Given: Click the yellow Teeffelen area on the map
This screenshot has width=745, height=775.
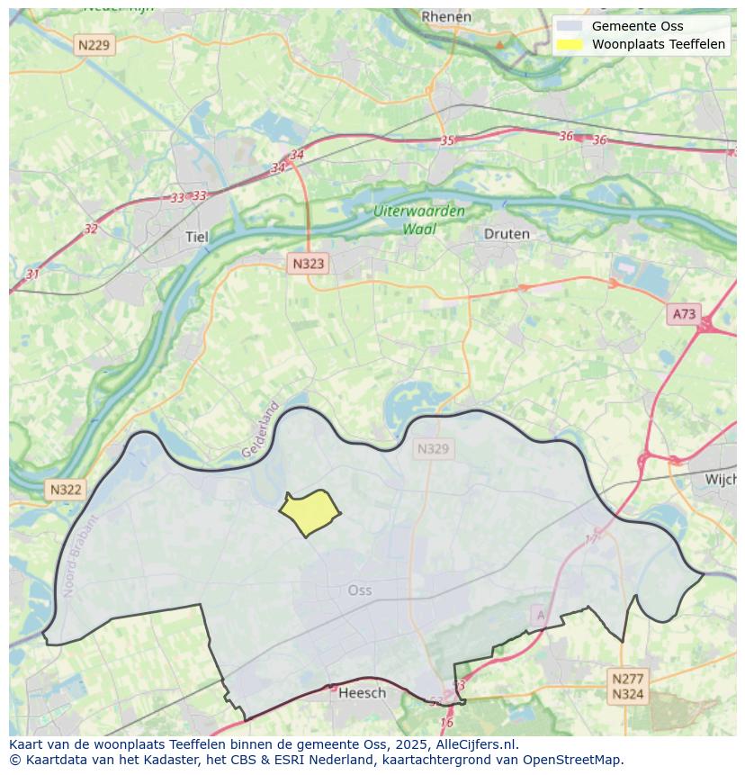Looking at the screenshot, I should click(310, 514).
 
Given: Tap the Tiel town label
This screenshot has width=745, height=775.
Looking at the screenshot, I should click(195, 237).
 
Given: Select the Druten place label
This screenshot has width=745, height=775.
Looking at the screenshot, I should click(507, 233).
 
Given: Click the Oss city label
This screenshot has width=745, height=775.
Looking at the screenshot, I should click(359, 590).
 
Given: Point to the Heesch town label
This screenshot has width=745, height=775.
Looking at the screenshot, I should click(362, 692).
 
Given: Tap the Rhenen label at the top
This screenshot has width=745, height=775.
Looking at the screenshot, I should click(446, 16).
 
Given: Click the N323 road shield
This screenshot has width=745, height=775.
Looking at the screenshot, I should click(308, 264).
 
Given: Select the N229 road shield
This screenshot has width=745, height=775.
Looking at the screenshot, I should click(94, 44).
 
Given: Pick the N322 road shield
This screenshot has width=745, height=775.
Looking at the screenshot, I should click(66, 490).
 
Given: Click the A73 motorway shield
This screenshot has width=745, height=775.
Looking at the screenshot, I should click(684, 313).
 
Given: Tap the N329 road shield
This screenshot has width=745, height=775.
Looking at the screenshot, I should click(433, 448).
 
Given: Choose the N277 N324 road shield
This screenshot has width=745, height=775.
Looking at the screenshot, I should click(627, 686).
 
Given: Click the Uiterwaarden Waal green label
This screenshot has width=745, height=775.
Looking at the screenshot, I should click(419, 220).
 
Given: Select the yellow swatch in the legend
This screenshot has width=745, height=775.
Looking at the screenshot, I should click(570, 44).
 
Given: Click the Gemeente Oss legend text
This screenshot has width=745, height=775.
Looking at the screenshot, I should click(637, 26).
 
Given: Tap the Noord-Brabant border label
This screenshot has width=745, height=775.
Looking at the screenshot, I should click(78, 554).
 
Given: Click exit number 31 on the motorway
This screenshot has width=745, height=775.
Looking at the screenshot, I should click(33, 274).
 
